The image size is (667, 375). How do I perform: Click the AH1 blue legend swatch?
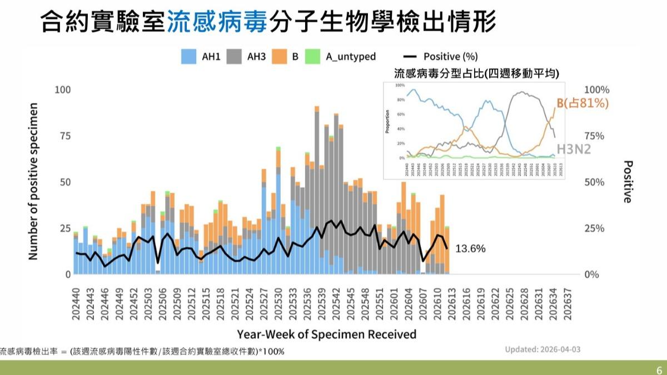[x=189, y=56]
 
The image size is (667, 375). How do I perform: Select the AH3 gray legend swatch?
[x=234, y=56]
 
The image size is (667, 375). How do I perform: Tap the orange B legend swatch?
[x=280, y=56]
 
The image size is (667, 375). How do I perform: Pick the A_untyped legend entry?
[x=350, y=56]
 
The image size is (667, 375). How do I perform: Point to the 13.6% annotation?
[x=470, y=248]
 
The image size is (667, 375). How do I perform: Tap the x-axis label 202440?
[x=76, y=303]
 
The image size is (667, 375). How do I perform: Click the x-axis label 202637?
[x=568, y=303]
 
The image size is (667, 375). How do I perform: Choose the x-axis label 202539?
[x=322, y=303]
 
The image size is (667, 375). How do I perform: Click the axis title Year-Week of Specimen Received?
[x=326, y=334]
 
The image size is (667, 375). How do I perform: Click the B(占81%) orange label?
[x=582, y=103]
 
